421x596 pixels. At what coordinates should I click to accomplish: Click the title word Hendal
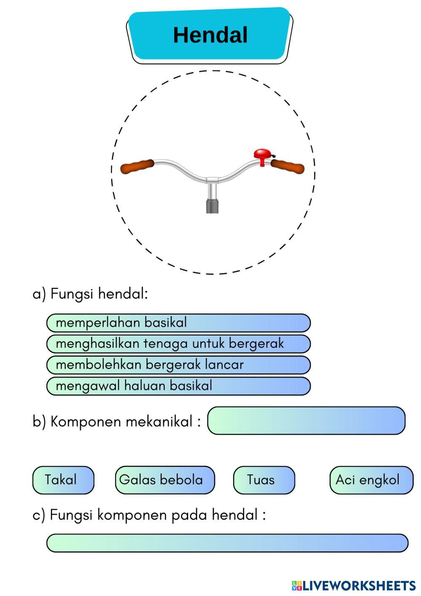210,35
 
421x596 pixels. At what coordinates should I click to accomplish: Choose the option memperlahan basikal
178,323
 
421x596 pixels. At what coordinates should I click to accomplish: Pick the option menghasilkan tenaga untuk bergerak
178,344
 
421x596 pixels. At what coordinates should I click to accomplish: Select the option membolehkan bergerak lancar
178,365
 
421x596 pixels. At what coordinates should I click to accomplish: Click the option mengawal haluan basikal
178,386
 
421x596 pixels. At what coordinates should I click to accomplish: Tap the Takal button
63,480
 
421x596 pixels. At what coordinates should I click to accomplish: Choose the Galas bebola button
165,480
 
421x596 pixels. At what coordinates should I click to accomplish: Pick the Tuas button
264,480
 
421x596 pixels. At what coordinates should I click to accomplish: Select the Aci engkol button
371,480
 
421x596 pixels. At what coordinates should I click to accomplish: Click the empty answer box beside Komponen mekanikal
306,421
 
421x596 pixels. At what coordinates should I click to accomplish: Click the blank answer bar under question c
227,543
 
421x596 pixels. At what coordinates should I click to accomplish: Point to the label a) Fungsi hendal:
90,293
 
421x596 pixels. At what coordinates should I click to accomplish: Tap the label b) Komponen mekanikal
117,421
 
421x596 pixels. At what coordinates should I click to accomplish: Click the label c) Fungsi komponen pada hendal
149,515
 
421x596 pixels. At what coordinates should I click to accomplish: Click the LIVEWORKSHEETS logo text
359,585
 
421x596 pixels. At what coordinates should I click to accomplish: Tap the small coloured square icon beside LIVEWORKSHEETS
297,585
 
